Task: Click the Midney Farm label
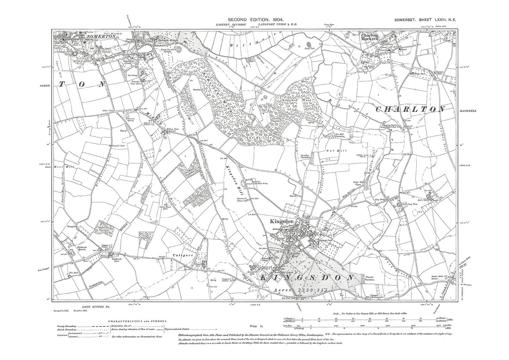[x=170, y=130]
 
